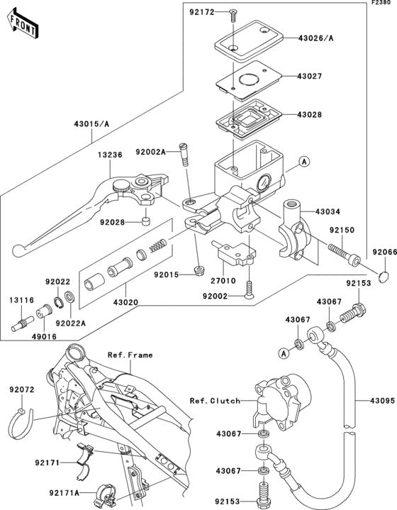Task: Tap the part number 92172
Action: pos(203,12)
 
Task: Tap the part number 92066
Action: pos(381,253)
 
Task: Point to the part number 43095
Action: pos(381,399)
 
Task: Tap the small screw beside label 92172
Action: pos(232,12)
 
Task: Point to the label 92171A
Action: pos(65,492)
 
